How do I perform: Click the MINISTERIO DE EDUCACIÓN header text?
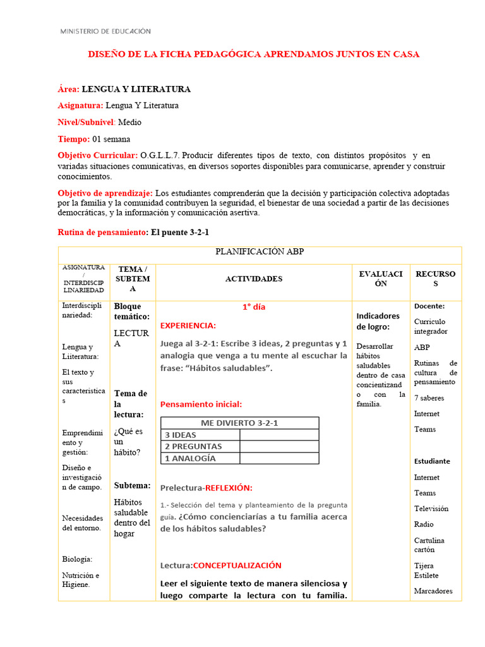coord(105,31)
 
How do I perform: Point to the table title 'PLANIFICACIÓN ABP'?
coord(260,251)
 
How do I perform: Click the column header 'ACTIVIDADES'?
coord(254,279)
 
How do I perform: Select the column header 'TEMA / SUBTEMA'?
coord(133,279)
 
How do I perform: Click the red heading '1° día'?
coord(254,307)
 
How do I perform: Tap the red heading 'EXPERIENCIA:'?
coord(188,325)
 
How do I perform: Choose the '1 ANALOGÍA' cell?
coord(190,458)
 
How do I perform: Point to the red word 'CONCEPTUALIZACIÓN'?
coord(237,565)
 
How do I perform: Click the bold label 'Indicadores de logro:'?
coord(378,321)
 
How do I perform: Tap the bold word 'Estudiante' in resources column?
coord(432,461)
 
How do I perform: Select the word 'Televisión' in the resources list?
coord(431,508)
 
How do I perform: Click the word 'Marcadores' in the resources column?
coord(433,591)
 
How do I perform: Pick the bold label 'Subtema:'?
coord(132,485)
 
